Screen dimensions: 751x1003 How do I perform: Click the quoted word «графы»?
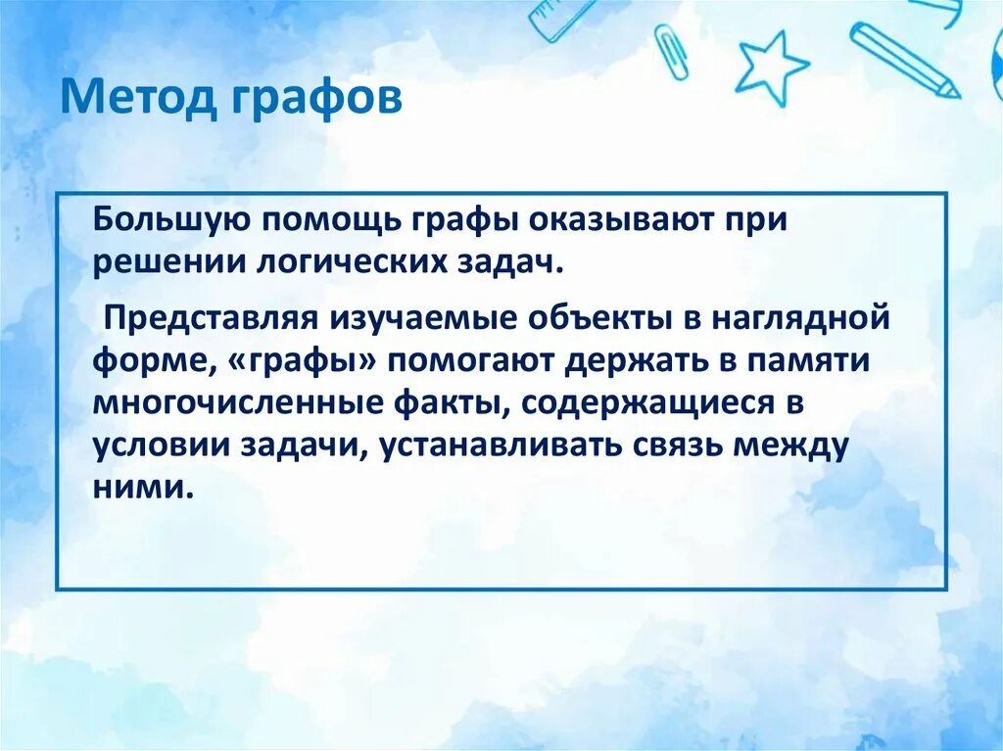(x=307, y=360)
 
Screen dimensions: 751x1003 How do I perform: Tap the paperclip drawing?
(x=671, y=52)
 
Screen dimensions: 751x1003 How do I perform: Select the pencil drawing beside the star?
(x=903, y=60)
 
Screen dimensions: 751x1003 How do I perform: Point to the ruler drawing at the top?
(x=561, y=18)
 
